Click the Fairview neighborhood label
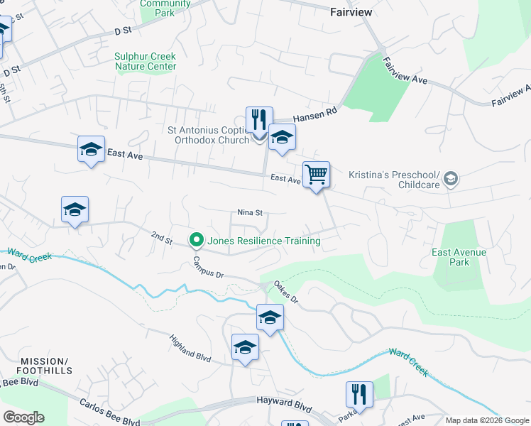coord(352,12)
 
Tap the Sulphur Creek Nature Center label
coord(145,62)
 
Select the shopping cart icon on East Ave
coord(316,173)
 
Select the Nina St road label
coord(250,212)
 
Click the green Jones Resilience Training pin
coord(197,241)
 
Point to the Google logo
coord(23,417)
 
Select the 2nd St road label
coord(162,237)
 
